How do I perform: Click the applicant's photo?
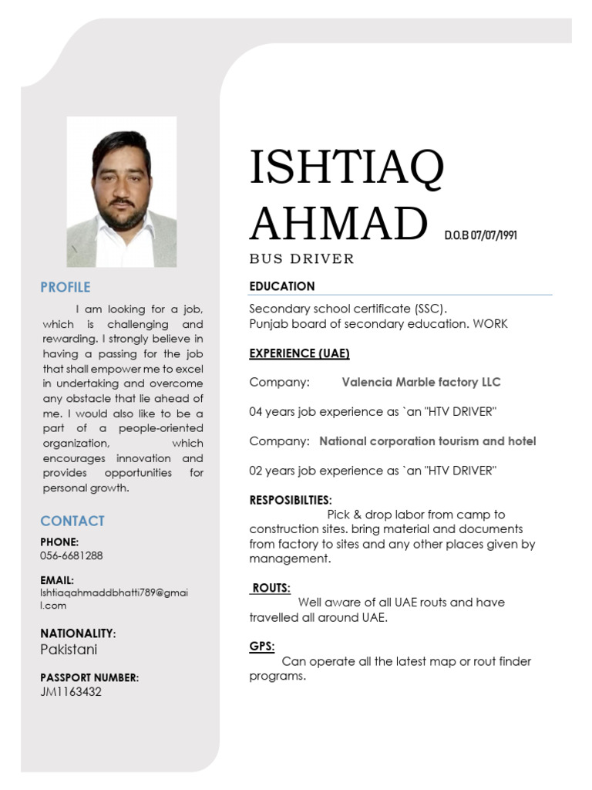coord(122,192)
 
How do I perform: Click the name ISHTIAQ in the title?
coord(347,169)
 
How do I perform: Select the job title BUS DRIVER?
coord(301,259)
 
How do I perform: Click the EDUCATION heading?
coord(282,286)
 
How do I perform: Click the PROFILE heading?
coord(66,287)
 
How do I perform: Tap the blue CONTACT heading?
coord(72,521)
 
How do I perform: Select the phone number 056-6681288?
coord(72,555)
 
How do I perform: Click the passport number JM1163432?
coord(71,692)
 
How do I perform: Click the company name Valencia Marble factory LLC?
coord(421,383)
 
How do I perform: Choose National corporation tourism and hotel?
coord(428,441)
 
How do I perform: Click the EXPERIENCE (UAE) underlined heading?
coord(299,353)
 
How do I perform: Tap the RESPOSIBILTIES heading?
coord(291,500)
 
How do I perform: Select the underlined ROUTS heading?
coord(271,588)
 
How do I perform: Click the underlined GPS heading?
coord(262,647)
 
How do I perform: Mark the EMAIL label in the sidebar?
coord(57,579)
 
